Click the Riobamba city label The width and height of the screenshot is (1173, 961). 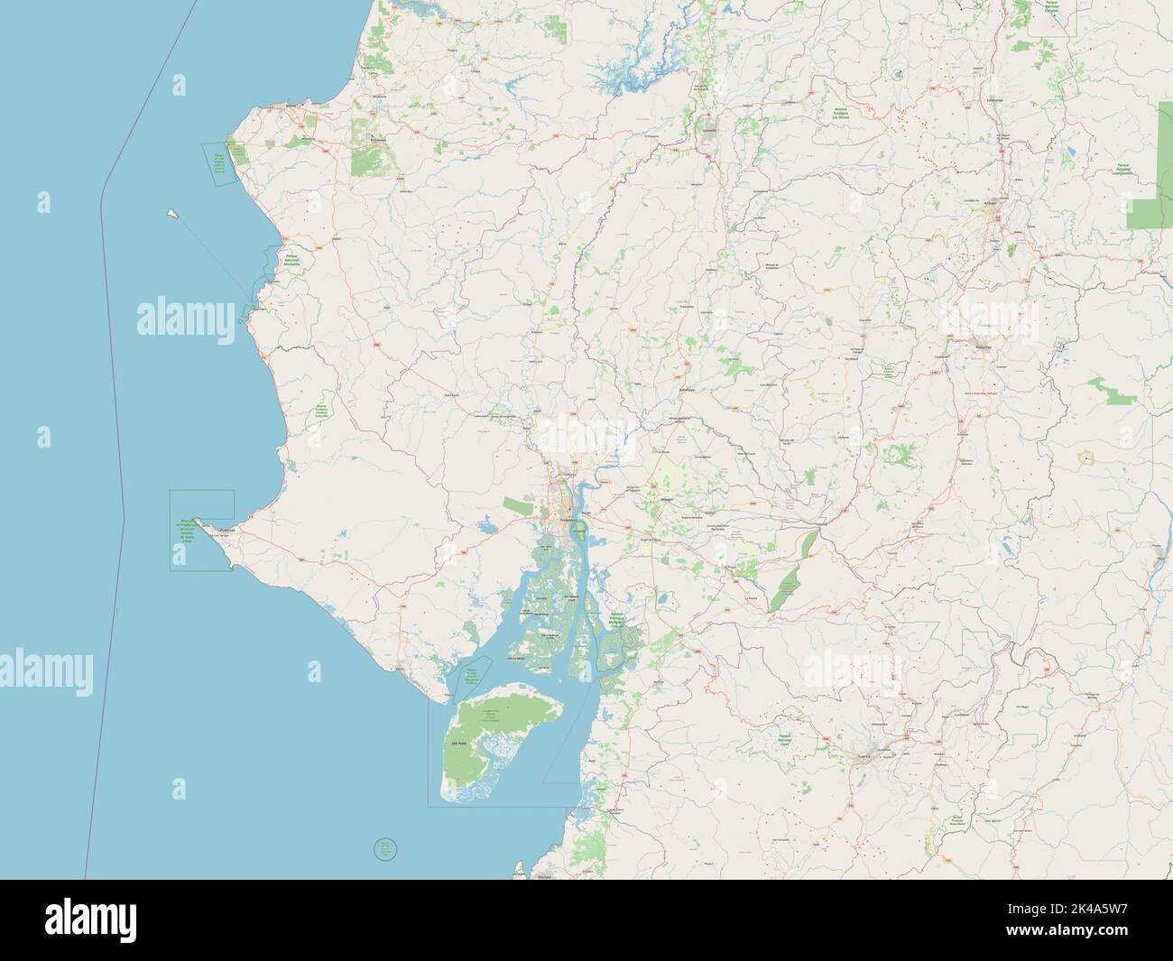(982, 345)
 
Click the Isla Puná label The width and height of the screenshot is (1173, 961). (457, 744)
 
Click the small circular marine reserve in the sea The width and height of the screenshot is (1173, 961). (385, 848)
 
